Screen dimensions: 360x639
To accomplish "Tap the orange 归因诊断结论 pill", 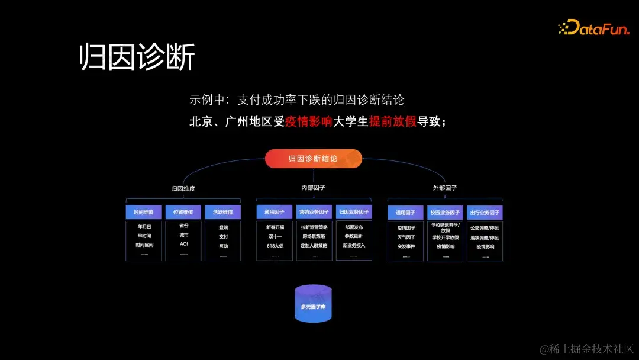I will click(313, 159).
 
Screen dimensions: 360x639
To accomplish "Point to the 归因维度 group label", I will click(183, 189).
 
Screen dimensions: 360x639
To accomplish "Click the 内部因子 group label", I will click(313, 188).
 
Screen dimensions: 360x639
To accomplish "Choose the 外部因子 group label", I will click(445, 188).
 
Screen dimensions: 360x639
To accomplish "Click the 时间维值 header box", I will click(144, 213).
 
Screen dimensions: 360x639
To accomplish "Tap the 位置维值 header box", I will click(183, 213).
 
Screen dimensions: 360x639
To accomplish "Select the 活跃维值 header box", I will click(223, 213).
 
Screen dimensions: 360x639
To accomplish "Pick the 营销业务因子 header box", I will click(314, 213).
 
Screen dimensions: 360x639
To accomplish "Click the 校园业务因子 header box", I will click(445, 213).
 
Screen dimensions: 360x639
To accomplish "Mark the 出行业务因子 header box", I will click(485, 213).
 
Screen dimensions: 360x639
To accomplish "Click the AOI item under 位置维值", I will click(183, 244).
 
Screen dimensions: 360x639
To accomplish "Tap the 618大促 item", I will click(275, 246).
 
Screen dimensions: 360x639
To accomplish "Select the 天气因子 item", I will click(406, 237).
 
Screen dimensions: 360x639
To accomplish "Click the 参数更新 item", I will click(353, 236).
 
